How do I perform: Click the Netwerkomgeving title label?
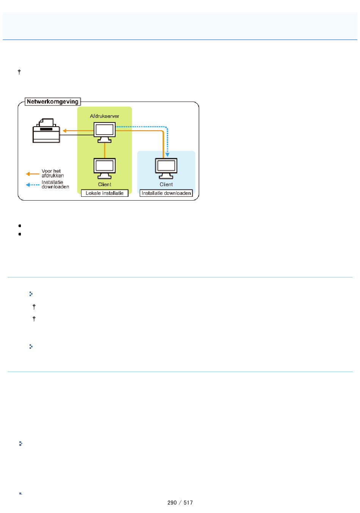pos(53,102)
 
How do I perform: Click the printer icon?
pos(46,130)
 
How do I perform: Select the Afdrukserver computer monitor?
pos(105,132)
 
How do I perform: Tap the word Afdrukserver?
pos(104,116)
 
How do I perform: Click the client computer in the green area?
pos(105,168)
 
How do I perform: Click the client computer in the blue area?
pos(166,168)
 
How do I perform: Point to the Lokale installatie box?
pos(105,193)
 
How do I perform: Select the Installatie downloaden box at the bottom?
pos(166,193)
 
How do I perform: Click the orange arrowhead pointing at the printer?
pos(64,131)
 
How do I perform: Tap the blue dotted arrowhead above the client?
pos(167,155)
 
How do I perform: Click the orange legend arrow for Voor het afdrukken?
pos(33,174)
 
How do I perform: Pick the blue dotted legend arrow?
pos(33,185)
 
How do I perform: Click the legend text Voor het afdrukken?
pos(53,173)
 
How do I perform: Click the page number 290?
pos(172,503)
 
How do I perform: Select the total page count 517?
pos(188,503)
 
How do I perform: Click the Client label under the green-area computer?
pos(105,184)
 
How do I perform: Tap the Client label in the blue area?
pos(166,184)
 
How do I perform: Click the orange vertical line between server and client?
pos(105,151)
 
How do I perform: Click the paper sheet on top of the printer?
pos(47,122)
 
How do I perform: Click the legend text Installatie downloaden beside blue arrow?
pos(55,184)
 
